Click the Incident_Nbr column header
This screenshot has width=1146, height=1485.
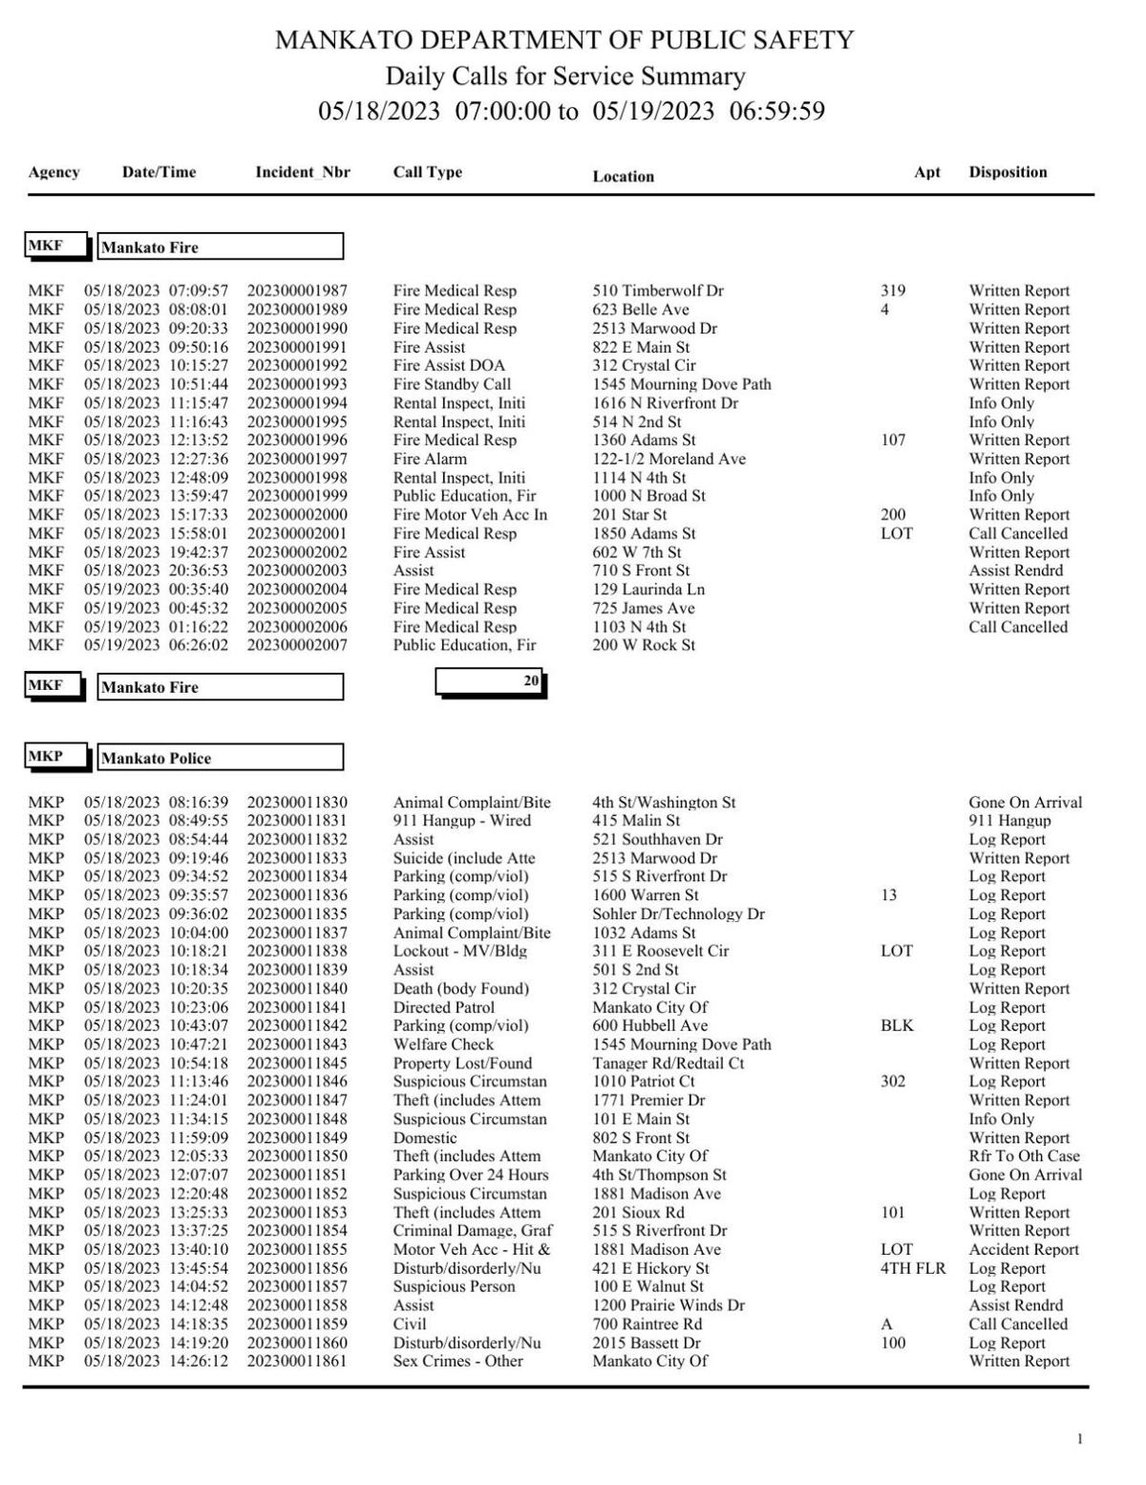coord(302,172)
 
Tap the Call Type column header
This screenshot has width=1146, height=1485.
coord(427,172)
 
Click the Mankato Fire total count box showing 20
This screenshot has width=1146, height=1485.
coord(490,681)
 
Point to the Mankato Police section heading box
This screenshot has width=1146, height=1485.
coord(220,758)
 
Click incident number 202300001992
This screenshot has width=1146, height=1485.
coord(297,365)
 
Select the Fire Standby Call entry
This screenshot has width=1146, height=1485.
coord(452,384)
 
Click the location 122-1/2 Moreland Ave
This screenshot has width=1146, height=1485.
coord(668,459)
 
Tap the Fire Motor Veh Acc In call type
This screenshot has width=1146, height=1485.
coord(470,514)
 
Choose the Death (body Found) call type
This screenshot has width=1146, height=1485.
coord(460,988)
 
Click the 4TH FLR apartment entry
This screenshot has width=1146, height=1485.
coord(912,1268)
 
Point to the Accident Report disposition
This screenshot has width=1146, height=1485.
coord(1023,1249)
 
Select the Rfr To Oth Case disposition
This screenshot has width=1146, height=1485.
coord(1024,1155)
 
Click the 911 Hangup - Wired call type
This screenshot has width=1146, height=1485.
coord(461,820)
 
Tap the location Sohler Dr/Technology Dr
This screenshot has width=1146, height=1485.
coord(678,914)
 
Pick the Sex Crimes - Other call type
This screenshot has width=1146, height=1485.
coord(457,1361)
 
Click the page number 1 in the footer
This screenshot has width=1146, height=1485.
coord(1080,1439)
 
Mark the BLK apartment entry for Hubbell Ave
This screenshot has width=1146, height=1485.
coord(896,1025)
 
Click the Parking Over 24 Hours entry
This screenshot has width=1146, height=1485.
coord(470,1174)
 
